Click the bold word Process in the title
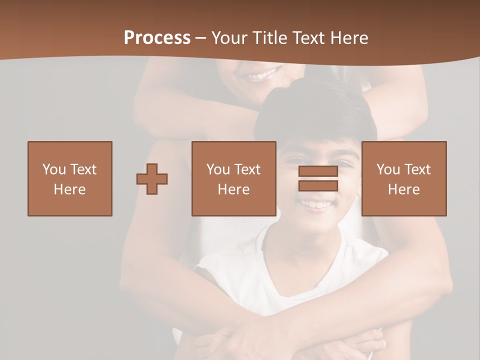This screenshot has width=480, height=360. (157, 38)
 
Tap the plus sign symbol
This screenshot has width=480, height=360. (152, 179)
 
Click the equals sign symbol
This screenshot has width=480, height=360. (318, 178)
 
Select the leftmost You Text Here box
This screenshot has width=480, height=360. (70, 178)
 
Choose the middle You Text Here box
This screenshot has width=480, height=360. (234, 178)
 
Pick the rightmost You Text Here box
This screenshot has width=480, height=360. (404, 178)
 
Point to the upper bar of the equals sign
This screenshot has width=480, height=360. (318, 171)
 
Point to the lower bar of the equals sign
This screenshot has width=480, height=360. (318, 185)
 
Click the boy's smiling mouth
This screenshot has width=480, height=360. (316, 205)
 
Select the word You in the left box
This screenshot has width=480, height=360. (53, 169)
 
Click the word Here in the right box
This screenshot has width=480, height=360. (404, 189)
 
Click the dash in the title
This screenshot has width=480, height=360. (201, 38)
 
